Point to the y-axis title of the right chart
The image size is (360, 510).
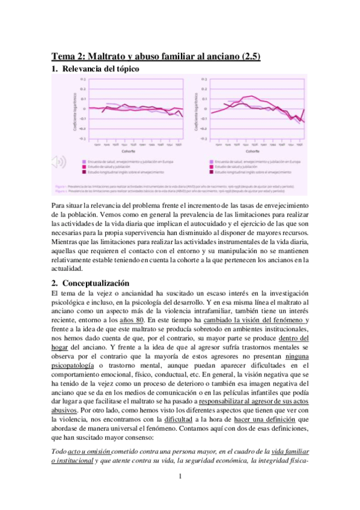coord(197,111)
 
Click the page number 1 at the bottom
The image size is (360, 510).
coord(180,477)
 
